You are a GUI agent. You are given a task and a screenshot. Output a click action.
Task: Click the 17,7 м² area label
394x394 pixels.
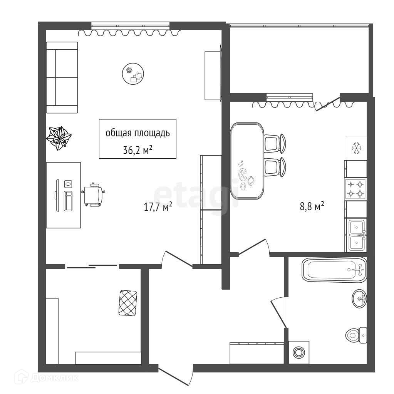[158, 207]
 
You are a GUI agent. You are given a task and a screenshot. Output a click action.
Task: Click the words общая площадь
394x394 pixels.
[137, 133]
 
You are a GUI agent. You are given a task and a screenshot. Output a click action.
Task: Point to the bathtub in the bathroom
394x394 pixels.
[334, 269]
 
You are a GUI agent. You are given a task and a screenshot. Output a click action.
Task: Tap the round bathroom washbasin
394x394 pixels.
[359, 298]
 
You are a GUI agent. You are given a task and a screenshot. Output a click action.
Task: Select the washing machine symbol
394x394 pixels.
[298, 352]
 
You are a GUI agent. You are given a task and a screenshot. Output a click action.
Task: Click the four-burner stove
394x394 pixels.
[355, 189]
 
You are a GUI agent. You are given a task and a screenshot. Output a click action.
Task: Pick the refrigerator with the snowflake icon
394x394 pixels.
[356, 148]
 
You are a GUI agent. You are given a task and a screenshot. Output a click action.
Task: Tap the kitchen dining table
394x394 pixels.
[247, 161]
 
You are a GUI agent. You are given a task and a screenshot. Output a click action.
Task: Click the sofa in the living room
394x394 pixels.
[62, 77]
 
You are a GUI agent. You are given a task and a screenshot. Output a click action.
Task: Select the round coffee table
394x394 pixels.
[133, 74]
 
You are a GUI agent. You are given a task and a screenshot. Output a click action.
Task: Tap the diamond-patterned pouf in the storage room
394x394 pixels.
[128, 303]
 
